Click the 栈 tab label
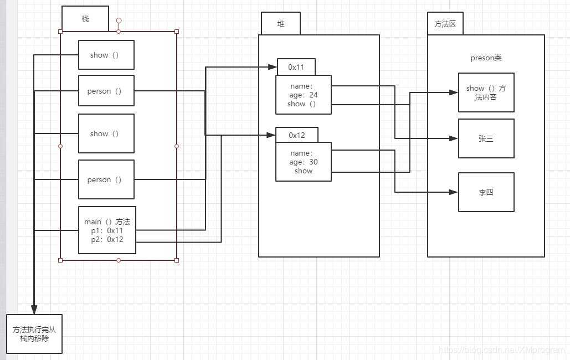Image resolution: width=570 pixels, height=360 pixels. pyautogui.click(x=85, y=19)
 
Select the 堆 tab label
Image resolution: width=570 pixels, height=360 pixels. pyautogui.click(x=280, y=24)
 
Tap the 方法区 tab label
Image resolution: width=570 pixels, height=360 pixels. pyautogui.click(x=445, y=24)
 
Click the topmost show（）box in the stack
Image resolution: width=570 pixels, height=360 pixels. pyautogui.click(x=106, y=55)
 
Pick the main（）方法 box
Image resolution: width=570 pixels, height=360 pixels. pyautogui.click(x=107, y=230)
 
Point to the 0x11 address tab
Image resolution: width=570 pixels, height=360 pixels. pyautogui.click(x=296, y=67)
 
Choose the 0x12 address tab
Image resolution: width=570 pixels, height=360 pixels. pyautogui.click(x=297, y=135)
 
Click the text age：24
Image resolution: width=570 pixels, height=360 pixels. pyautogui.click(x=303, y=95)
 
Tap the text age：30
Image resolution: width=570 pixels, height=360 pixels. pyautogui.click(x=303, y=162)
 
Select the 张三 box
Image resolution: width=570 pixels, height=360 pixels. pyautogui.click(x=486, y=138)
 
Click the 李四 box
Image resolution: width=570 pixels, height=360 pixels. pyautogui.click(x=486, y=192)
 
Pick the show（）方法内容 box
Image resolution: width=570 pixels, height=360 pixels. pyautogui.click(x=486, y=92)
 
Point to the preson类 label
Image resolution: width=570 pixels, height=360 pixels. pyautogui.click(x=486, y=58)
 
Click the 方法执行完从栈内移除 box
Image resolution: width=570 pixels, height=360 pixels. pyautogui.click(x=34, y=334)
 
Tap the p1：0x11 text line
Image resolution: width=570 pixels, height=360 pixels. pyautogui.click(x=107, y=230)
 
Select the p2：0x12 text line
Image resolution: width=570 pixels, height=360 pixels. pyautogui.click(x=107, y=239)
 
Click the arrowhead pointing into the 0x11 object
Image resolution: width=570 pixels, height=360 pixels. pyautogui.click(x=273, y=68)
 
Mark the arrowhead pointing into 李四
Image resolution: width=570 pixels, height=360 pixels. pyautogui.click(x=454, y=192)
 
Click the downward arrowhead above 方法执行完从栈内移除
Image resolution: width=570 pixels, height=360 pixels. pyautogui.click(x=34, y=309)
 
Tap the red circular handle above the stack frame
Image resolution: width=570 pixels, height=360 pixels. pyautogui.click(x=119, y=20)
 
